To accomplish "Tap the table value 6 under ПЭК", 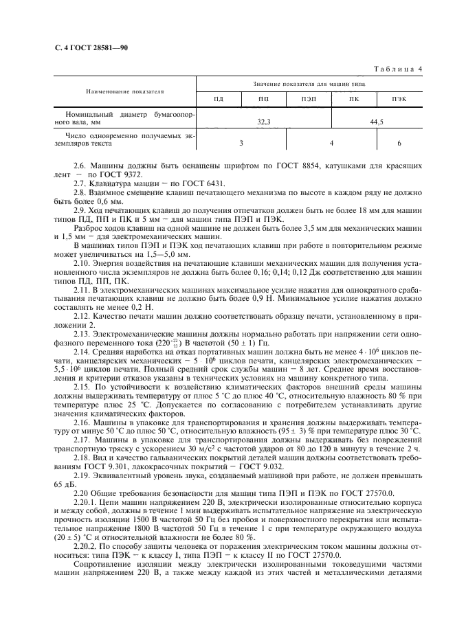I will pyautogui.click(x=399, y=144).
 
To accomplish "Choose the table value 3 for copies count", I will pyautogui.click(x=241, y=144).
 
